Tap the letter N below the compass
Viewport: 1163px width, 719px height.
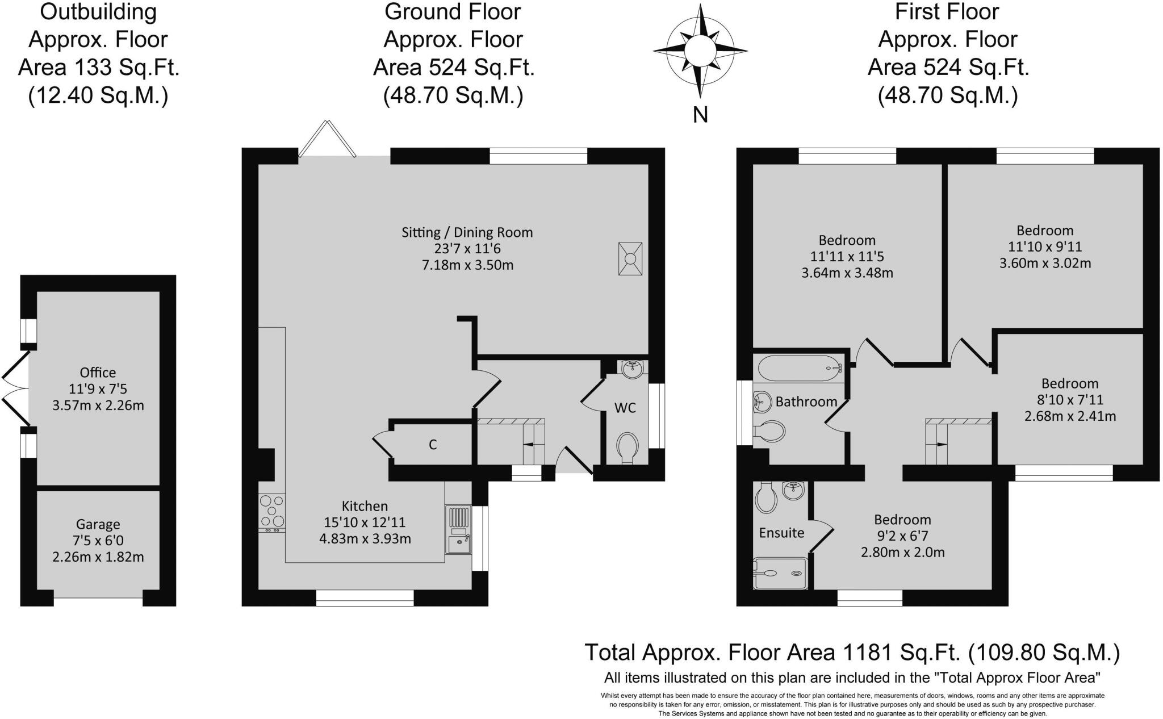(700, 115)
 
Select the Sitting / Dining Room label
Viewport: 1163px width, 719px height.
(467, 232)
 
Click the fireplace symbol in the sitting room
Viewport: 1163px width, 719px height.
(630, 259)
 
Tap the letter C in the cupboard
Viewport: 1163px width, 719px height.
(433, 445)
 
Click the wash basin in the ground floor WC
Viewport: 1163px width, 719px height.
(631, 369)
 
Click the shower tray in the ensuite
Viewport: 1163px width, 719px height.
(779, 572)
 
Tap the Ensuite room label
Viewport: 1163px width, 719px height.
(781, 533)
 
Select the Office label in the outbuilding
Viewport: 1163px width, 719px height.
(98, 373)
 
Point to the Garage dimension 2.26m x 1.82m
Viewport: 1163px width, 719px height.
(98, 557)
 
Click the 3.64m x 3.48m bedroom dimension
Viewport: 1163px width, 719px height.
(847, 273)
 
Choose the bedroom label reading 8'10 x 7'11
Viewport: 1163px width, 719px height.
(1070, 400)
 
